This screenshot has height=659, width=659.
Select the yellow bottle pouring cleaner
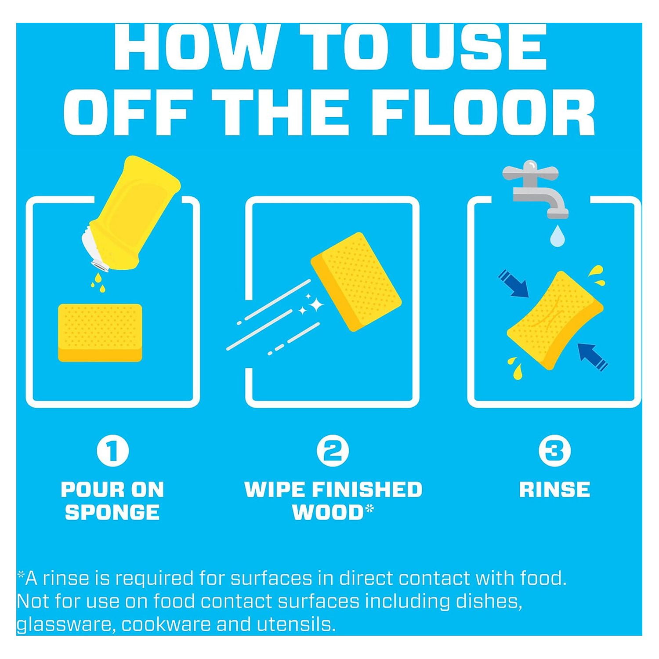click(130, 214)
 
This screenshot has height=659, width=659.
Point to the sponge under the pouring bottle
click(100, 333)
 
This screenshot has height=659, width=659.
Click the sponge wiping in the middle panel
click(356, 282)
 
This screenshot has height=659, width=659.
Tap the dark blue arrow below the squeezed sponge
click(593, 357)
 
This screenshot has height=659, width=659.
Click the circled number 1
click(113, 451)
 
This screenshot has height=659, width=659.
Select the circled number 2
click(333, 451)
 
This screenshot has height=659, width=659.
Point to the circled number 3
click(554, 451)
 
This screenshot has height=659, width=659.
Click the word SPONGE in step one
click(112, 512)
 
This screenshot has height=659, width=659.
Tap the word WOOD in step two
click(328, 512)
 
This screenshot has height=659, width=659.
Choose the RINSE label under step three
click(554, 489)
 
